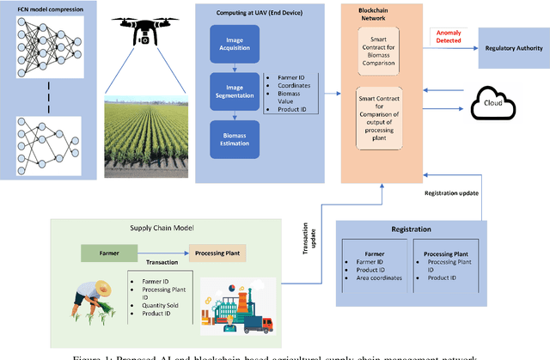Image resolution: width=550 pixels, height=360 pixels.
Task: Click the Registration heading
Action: pyautogui.click(x=410, y=230)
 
